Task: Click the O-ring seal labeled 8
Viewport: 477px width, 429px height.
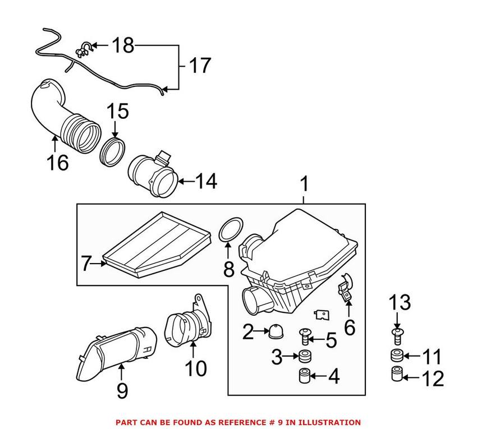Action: tap(228, 233)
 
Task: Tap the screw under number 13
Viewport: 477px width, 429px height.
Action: tap(397, 336)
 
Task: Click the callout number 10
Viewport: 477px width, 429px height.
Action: tap(193, 368)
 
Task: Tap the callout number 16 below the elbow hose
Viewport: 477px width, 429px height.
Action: tap(58, 162)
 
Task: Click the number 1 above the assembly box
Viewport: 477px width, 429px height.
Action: tap(304, 184)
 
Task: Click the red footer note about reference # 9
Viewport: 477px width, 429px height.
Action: tap(238, 422)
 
